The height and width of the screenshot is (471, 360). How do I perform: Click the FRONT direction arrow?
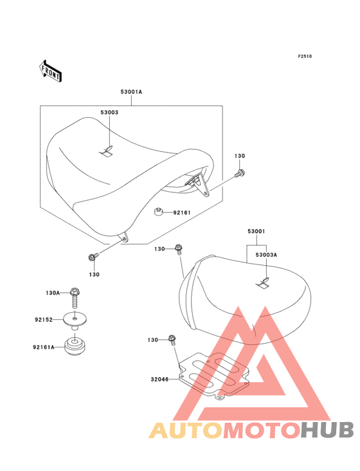tap(50, 71)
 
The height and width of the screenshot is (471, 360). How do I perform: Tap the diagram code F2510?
tap(305, 56)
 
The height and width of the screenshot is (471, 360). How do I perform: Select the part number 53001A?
tap(131, 92)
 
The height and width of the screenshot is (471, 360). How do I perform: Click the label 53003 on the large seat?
tap(109, 113)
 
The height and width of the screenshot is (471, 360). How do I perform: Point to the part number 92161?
tap(182, 213)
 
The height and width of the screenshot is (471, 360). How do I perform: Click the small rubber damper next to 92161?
tap(158, 212)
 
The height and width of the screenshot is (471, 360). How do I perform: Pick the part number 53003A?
tap(266, 255)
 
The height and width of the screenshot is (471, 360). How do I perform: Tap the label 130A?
tap(53, 293)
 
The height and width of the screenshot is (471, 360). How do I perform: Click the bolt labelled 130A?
tap(75, 298)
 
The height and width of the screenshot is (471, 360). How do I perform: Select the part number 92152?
tap(44, 320)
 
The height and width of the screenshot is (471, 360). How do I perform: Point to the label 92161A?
tap(44, 347)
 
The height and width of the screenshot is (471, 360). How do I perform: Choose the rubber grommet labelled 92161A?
tap(75, 347)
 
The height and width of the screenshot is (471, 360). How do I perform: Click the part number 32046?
tap(159, 380)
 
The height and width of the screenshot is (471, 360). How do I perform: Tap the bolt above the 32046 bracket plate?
tap(172, 340)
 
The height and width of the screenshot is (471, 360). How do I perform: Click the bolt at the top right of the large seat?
tap(240, 173)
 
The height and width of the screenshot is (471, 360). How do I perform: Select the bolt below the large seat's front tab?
tap(93, 257)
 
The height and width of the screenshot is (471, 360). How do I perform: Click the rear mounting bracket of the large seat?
tap(198, 185)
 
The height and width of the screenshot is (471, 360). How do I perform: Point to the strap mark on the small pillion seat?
tap(262, 282)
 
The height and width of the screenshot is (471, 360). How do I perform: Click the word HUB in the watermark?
tap(328, 430)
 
